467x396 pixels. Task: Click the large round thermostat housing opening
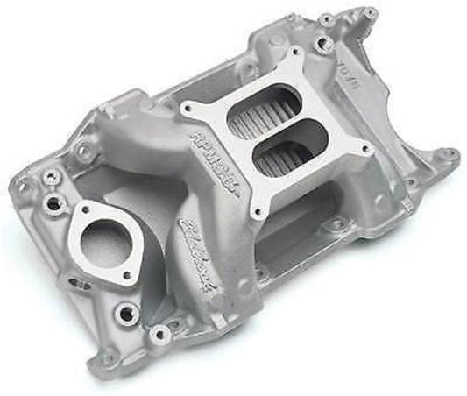click(103, 240)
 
